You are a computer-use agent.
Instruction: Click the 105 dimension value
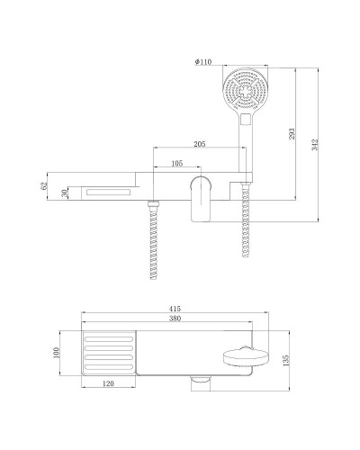point(176,164)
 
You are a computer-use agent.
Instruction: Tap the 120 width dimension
point(107,384)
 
